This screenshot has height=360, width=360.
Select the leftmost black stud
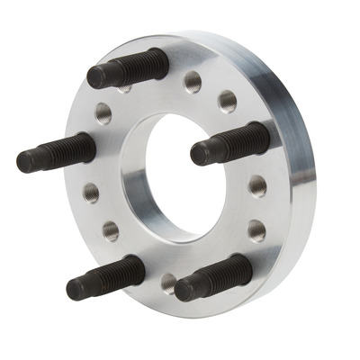pyautogui.click(x=56, y=152)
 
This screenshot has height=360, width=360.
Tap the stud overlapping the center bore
pyautogui.click(x=230, y=142)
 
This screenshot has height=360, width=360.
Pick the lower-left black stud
pyautogui.click(x=105, y=276)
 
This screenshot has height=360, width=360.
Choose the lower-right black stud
pyautogui.click(x=213, y=276)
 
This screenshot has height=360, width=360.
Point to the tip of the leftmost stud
pyautogui.click(x=25, y=163)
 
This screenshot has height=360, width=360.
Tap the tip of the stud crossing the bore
pyautogui.click(x=199, y=153)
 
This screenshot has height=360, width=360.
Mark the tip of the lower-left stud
pyautogui.click(x=75, y=289)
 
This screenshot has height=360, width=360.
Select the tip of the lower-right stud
pyautogui.click(x=184, y=289)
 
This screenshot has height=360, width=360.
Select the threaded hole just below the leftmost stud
pyautogui.click(x=91, y=192)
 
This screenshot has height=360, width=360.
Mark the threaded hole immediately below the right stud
pyautogui.click(x=258, y=186)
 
